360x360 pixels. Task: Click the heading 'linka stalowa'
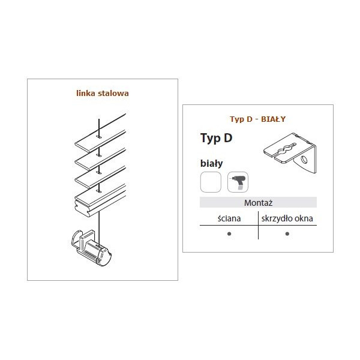tap(103, 93)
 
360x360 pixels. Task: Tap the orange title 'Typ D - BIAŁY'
tap(257, 119)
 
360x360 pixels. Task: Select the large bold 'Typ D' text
tap(216, 138)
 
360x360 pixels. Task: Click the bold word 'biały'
tap(211, 163)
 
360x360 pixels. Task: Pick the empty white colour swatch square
tap(211, 182)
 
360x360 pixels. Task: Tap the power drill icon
tap(238, 182)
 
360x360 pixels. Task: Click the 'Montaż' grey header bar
tap(258, 203)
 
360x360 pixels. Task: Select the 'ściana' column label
tap(229, 218)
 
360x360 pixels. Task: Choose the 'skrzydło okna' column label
tap(287, 218)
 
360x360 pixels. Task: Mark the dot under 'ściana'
tap(229, 234)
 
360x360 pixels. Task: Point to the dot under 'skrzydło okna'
tap(287, 234)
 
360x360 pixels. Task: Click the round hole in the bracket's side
tap(304, 160)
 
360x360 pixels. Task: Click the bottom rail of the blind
tap(101, 200)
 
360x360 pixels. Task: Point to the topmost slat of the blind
tap(101, 133)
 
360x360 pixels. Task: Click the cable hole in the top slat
tap(99, 137)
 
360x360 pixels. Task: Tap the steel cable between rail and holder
tap(99, 228)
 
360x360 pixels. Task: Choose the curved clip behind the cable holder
tap(76, 239)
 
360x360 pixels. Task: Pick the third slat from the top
tap(101, 177)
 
